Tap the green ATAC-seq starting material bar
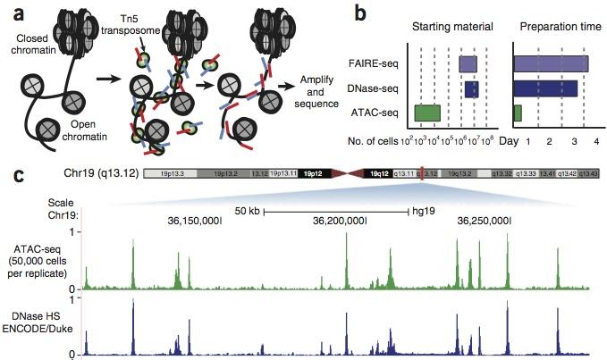coord(427,113)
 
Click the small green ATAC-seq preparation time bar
coord(518,113)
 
